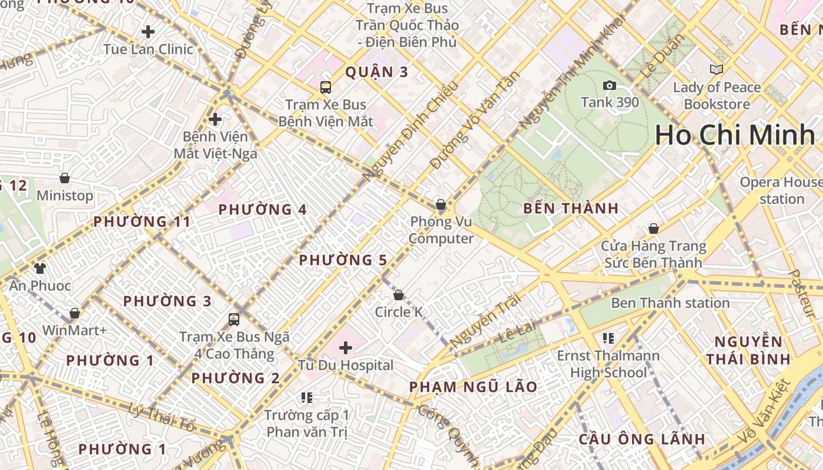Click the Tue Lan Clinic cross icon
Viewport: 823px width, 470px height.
click(148, 31)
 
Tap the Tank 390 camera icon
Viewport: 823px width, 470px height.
click(610, 86)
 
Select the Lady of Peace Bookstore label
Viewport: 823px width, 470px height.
click(717, 96)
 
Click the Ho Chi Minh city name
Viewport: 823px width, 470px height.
click(735, 135)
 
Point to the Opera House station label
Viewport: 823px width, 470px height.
click(781, 190)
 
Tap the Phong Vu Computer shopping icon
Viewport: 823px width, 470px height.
click(440, 204)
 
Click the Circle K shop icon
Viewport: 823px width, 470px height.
click(399, 294)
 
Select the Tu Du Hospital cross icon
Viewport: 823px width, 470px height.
click(346, 347)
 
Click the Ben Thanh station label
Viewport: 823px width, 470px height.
click(670, 303)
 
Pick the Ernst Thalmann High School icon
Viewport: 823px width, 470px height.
click(608, 338)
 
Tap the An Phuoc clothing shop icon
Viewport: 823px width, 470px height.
click(40, 268)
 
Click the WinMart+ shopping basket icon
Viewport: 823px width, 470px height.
click(74, 313)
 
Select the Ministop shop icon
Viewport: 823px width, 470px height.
click(65, 178)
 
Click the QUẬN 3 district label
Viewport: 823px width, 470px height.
click(376, 72)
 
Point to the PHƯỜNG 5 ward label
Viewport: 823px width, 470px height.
click(343, 260)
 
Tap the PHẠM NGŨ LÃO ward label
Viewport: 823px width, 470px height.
click(473, 387)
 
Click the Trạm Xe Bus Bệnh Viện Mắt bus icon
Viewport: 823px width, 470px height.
click(326, 88)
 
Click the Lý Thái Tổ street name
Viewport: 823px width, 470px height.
click(161, 418)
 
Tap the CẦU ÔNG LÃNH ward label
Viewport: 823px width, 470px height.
click(641, 439)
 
